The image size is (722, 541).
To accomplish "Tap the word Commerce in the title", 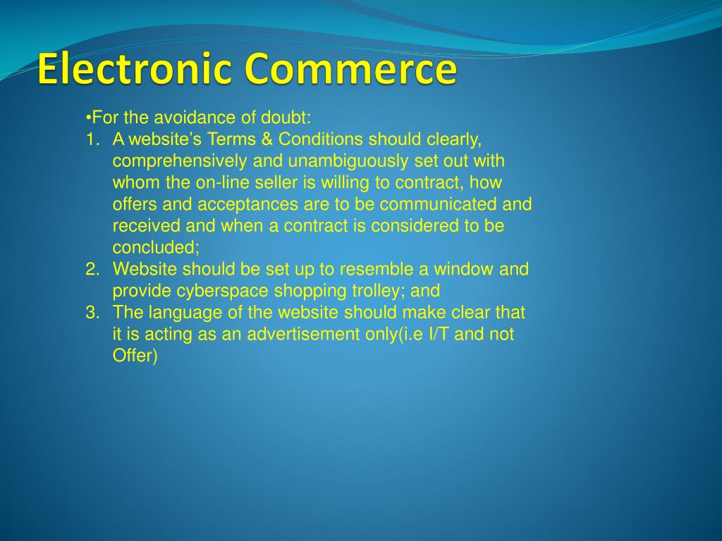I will pos(350,70).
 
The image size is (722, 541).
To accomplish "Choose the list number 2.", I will pos(92,269).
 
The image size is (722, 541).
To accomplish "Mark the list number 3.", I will pos(92,312).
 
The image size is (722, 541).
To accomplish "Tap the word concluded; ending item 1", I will pos(157,247).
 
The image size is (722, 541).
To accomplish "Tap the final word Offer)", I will pos(135,356).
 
